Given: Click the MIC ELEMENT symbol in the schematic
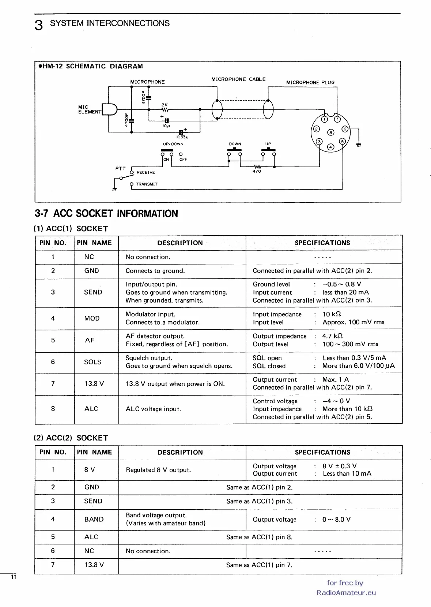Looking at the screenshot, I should pyautogui.click(x=109, y=109).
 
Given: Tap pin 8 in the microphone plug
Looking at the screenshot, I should pyautogui.click(x=330, y=132).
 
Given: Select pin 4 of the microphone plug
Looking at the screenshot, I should pyautogui.click(x=330, y=147).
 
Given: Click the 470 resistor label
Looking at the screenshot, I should pyautogui.click(x=257, y=171).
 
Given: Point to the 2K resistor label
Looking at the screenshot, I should pyautogui.click(x=164, y=105).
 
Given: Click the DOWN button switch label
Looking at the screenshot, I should pyautogui.click(x=235, y=144).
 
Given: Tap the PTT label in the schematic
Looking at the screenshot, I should pyautogui.click(x=120, y=169).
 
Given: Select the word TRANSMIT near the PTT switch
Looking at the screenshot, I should pyautogui.click(x=147, y=184).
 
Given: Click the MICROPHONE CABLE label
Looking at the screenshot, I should pyautogui.click(x=238, y=79).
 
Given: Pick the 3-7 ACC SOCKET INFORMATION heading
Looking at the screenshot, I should pyautogui.click(x=106, y=214).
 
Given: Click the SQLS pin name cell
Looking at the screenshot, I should pyautogui.click(x=92, y=362).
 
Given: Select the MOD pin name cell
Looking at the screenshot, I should pyautogui.click(x=92, y=318).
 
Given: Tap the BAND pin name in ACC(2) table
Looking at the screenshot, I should pyautogui.click(x=94, y=519).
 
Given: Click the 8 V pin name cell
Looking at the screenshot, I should pyautogui.click(x=90, y=469).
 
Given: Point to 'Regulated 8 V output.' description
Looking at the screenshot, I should pyautogui.click(x=158, y=470).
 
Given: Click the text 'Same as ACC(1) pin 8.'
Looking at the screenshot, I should pyautogui.click(x=259, y=537).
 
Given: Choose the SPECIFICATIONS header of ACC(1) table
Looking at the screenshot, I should pyautogui.click(x=322, y=243).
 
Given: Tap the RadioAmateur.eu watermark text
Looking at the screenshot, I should pyautogui.click(x=346, y=593).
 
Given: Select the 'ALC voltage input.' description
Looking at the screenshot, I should pyautogui.click(x=153, y=409).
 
